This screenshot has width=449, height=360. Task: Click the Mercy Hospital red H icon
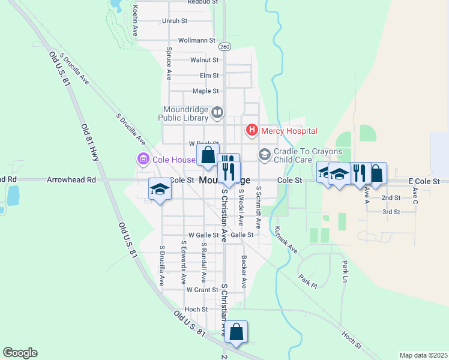click(x=252, y=130)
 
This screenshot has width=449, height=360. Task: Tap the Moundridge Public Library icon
click(x=217, y=112)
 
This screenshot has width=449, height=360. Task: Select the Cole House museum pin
click(x=143, y=160)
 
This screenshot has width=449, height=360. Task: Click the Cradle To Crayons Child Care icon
click(x=265, y=155)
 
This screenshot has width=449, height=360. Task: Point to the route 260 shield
click(x=224, y=46)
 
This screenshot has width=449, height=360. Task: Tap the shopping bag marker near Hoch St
click(x=237, y=331)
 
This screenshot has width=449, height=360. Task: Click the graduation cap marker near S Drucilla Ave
click(x=160, y=189)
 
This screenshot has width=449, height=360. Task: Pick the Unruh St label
click(x=175, y=20)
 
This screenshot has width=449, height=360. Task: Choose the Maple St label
click(x=205, y=91)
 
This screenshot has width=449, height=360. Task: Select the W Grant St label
click(x=202, y=289)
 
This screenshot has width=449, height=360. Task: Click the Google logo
click(x=20, y=353)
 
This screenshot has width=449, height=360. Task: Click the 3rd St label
click(x=391, y=212)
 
